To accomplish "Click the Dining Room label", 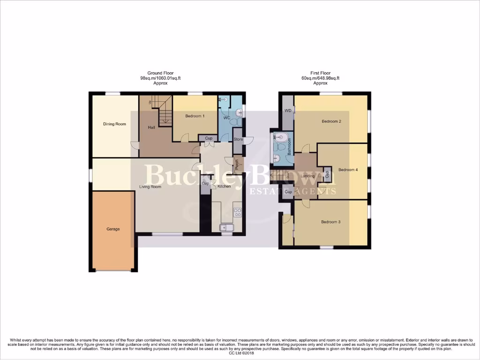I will (x=115, y=124).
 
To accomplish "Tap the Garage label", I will (x=113, y=229).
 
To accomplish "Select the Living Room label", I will (x=150, y=187).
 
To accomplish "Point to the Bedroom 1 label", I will (x=195, y=116).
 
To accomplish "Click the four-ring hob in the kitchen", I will (x=237, y=212).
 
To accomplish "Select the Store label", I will (x=238, y=139).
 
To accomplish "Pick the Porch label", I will (x=237, y=164).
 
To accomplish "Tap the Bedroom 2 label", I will (x=331, y=121).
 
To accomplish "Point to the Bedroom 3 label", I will (x=330, y=222).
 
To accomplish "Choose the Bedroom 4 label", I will (x=348, y=170).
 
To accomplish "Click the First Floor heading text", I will (x=320, y=73).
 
